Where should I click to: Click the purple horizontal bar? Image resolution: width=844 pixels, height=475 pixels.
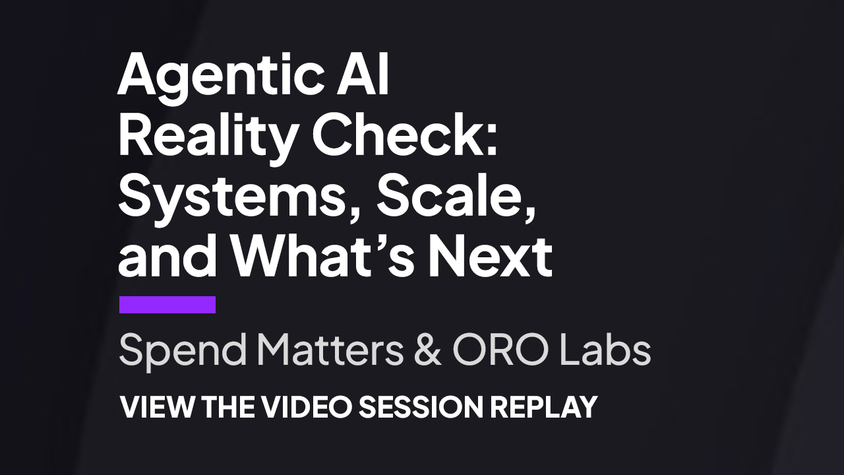pyautogui.click(x=167, y=305)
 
